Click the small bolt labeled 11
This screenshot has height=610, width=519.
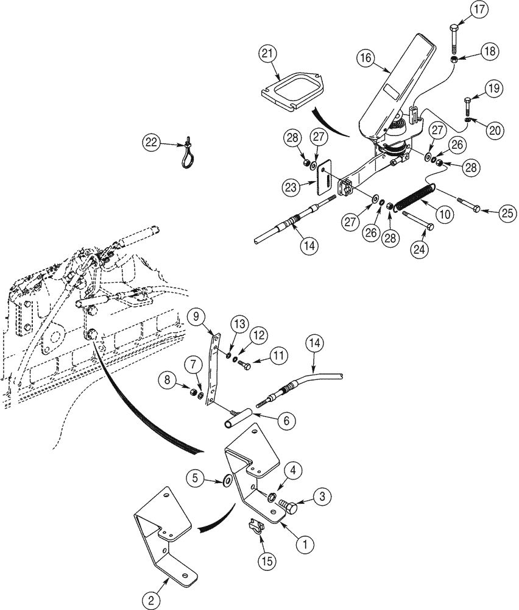click(245, 366)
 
